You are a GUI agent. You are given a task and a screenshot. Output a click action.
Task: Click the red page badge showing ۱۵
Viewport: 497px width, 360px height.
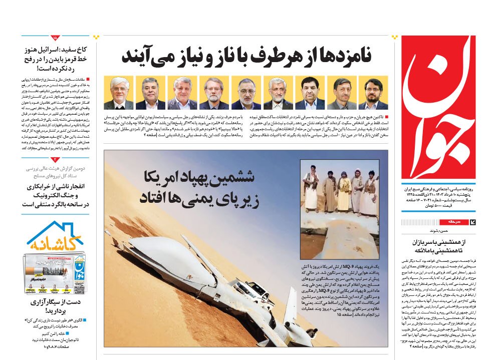(55, 38)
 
